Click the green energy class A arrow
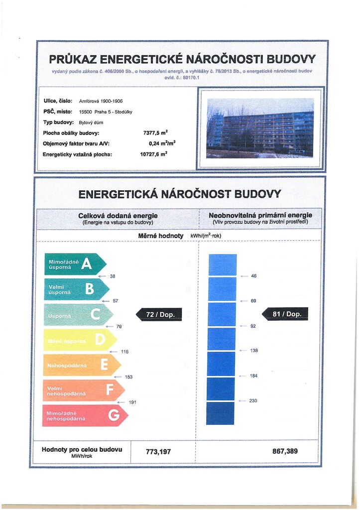(75, 264)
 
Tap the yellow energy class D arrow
(80, 340)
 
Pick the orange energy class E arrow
(82, 365)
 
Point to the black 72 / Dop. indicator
(159, 314)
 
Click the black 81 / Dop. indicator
(285, 314)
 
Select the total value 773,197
(158, 452)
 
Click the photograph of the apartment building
(260, 127)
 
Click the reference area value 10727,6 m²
(153, 154)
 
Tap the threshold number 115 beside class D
(125, 352)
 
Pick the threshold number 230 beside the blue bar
(253, 400)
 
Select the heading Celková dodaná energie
(118, 216)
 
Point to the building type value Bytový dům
(91, 122)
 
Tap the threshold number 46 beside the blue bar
(253, 275)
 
